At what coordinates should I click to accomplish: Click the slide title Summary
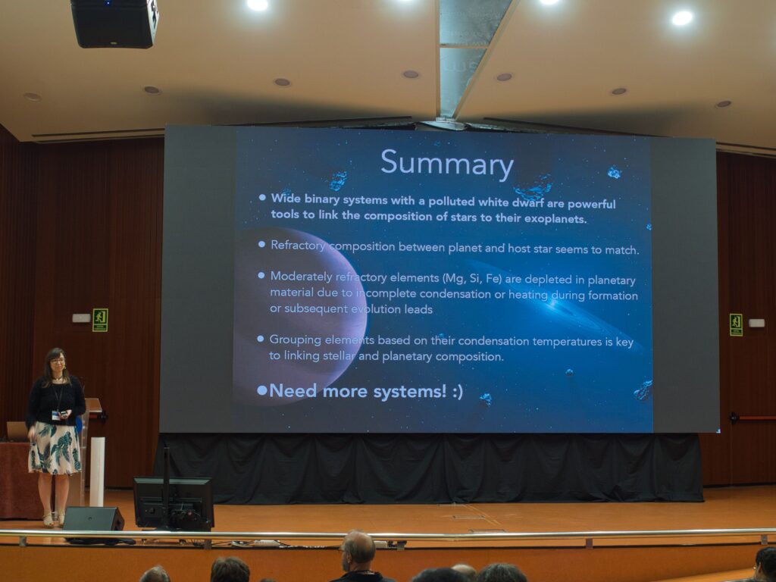click(447, 164)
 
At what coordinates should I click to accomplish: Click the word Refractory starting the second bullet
click(298, 246)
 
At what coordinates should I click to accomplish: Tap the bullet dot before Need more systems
click(262, 390)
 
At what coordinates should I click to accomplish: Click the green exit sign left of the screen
click(100, 321)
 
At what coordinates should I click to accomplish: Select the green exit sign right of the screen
click(736, 324)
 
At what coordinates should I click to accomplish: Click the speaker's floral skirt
click(55, 448)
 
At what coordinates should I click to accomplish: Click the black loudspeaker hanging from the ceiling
click(114, 23)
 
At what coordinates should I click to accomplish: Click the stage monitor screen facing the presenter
click(174, 502)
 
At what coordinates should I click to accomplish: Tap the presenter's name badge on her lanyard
click(56, 415)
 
